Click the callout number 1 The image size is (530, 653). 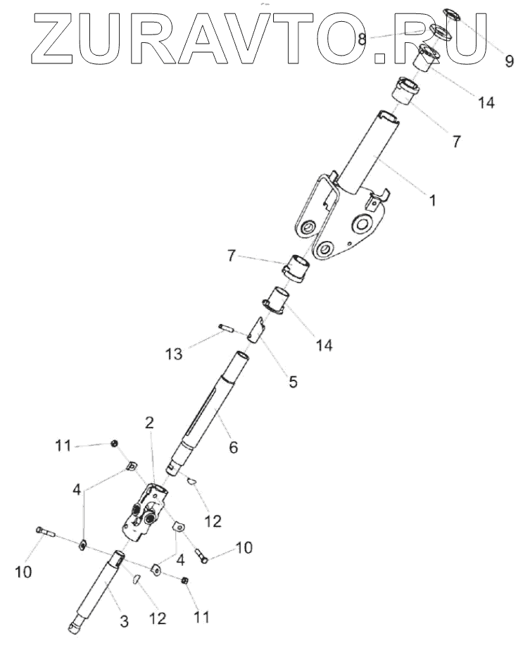432,200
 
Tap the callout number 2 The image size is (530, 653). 149,423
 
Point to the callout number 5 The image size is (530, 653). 293,383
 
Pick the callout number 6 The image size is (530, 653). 234,447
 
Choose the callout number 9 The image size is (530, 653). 509,61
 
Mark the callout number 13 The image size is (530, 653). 174,353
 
